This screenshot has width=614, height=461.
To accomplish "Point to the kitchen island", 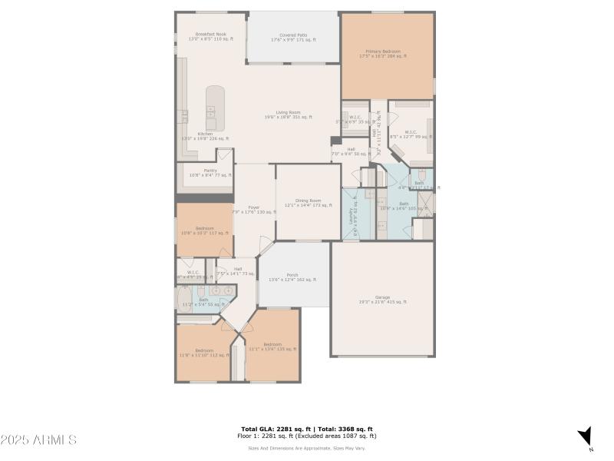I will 215,108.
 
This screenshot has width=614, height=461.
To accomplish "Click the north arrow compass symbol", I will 585,435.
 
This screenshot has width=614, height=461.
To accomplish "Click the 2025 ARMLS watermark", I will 38,440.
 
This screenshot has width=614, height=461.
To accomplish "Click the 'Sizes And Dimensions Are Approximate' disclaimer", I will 306,448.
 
